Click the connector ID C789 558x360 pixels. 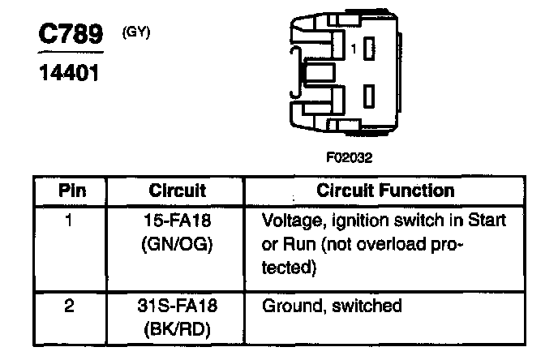pos(71,34)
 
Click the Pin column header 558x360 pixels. pos(71,191)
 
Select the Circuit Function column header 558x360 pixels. pos(384,191)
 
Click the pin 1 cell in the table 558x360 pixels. pos(71,220)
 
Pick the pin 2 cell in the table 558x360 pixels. pos(71,306)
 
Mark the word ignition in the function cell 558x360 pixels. pos(363,220)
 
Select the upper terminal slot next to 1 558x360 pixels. pos(370,48)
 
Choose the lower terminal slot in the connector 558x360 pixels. pos(370,95)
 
